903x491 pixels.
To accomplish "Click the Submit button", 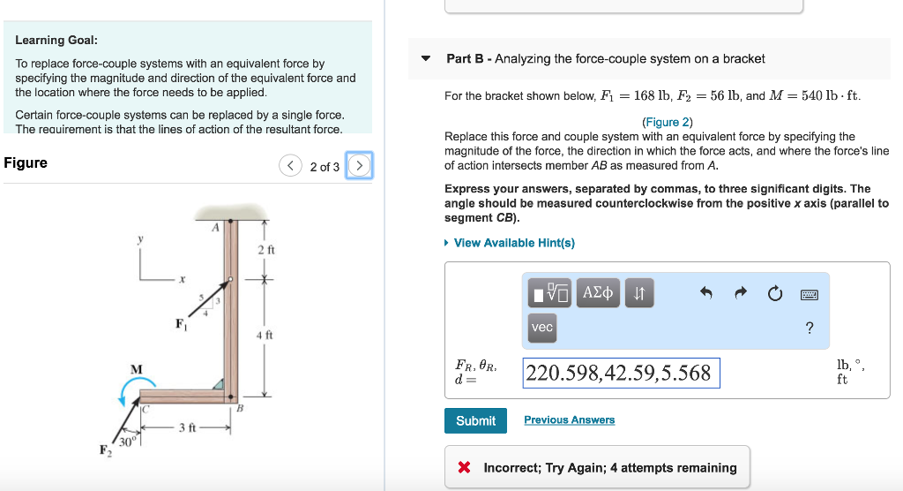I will click(475, 421).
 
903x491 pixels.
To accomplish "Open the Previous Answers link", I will click(569, 420).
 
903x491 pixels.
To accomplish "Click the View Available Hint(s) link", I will click(513, 243).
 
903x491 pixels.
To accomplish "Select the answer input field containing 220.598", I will click(621, 373).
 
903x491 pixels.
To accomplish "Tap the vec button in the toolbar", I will click(542, 327).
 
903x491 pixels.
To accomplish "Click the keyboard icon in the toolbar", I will click(810, 294).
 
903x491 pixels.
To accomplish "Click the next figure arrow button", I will click(359, 166).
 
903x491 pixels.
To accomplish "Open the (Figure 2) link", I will click(667, 122).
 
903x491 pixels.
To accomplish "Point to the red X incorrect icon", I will click(464, 468).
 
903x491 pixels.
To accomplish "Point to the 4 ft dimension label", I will click(265, 336).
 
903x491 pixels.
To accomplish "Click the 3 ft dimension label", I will click(187, 428).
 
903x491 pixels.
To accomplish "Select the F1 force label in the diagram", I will click(180, 323).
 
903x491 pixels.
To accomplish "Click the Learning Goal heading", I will click(56, 40).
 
